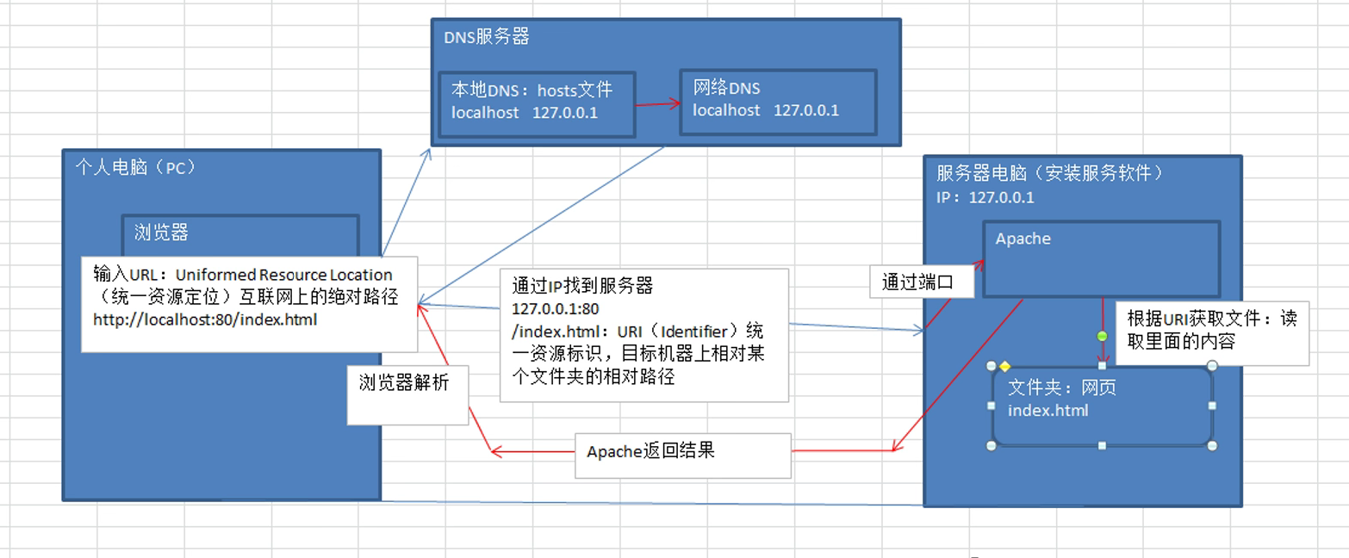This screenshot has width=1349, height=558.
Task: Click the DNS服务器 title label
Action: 487,37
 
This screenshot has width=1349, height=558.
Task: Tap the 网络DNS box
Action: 778,102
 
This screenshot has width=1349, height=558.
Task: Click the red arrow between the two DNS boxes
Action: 657,104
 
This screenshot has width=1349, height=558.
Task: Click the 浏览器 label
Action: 161,232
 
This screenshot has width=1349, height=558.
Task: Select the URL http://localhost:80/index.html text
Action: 205,319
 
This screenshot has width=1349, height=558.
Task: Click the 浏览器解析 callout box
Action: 407,395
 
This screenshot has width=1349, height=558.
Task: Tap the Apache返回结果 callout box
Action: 683,456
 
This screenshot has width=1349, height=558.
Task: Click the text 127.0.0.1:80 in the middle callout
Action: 556,309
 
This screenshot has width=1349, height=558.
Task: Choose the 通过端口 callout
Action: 922,282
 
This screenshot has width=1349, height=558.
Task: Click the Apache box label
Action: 1023,239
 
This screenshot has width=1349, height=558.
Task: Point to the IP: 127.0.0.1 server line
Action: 985,197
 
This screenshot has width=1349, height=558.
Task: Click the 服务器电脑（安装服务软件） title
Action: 1049,173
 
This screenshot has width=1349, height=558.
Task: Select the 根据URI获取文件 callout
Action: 1212,333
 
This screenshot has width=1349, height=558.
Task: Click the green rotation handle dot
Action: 1102,336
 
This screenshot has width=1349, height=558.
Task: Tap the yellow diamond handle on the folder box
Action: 1004,366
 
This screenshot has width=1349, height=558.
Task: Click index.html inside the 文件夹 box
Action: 1047,411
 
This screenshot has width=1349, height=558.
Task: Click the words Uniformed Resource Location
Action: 283,275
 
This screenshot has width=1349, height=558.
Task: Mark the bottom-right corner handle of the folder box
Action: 1212,445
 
